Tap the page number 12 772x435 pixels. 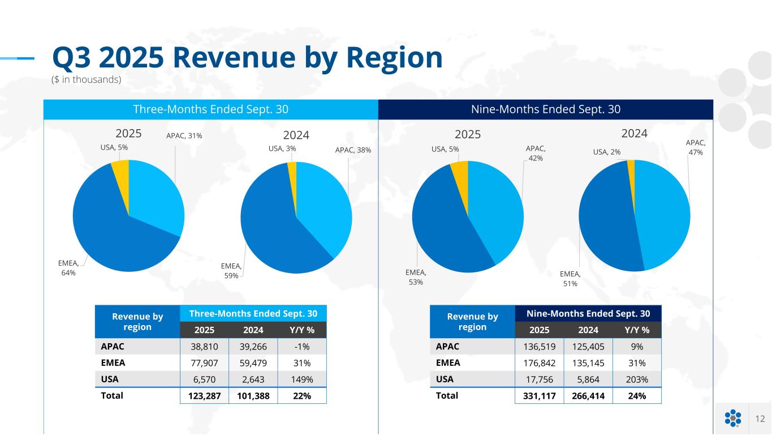[760, 419]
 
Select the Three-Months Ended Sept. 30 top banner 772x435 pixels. [210, 109]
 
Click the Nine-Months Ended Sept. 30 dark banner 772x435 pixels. [546, 109]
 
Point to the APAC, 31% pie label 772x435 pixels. [184, 136]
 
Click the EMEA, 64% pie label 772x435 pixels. [68, 268]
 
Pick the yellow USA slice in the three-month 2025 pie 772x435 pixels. [120, 169]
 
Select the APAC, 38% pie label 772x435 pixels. [353, 150]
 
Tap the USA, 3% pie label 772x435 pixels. [282, 149]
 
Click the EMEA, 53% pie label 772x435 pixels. [416, 277]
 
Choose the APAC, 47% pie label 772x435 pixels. [696, 148]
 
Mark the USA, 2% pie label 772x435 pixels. [607, 151]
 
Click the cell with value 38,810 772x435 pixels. [204, 346]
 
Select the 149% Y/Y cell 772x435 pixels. [302, 378]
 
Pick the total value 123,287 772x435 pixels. [204, 395]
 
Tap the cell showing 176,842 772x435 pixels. [539, 362]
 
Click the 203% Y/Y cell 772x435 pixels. [637, 379]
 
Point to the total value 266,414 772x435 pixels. [588, 395]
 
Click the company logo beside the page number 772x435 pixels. [732, 419]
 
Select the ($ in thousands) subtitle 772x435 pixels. [87, 80]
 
